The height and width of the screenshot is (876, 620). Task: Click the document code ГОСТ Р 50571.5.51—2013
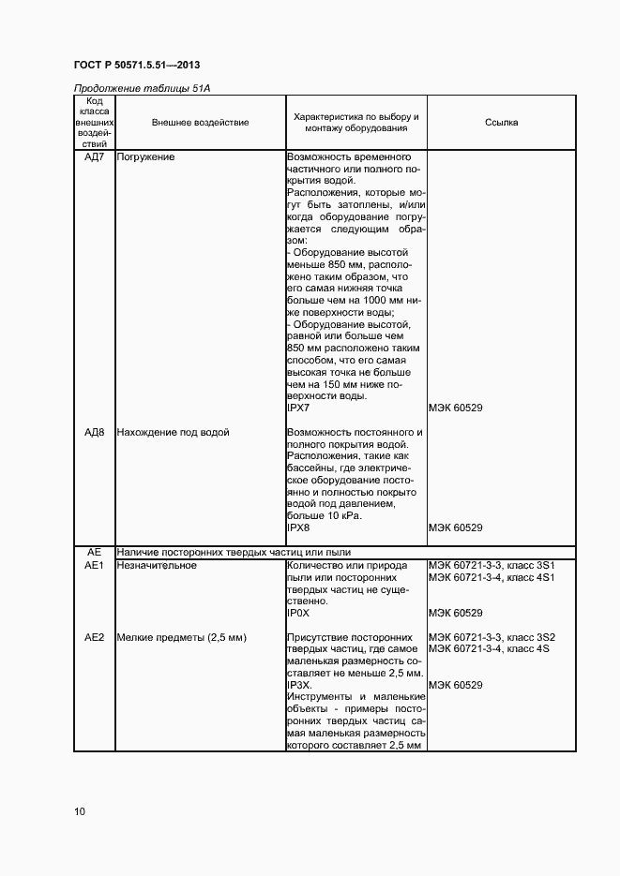coord(137,65)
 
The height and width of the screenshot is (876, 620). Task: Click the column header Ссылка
coord(501,123)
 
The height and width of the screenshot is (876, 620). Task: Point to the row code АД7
coord(94,157)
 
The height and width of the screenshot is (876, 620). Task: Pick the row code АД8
coord(94,433)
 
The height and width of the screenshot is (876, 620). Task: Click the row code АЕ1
coord(94,565)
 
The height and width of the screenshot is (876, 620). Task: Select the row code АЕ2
coord(94,637)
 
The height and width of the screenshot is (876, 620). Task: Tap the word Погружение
coord(145,157)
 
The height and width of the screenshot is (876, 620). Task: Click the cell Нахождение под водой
coord(173,433)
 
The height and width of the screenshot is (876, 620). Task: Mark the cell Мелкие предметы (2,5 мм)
coord(181,637)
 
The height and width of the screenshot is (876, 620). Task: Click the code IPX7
coord(297,408)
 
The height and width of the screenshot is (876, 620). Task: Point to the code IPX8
coord(297,528)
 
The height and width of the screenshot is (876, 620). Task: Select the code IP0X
coord(297,613)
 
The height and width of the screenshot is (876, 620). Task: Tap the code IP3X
coord(299,685)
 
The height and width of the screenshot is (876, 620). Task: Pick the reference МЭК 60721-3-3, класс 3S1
coord(492,565)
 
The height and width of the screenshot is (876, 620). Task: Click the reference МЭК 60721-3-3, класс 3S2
coord(492,637)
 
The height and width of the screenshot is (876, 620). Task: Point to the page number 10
coord(80,811)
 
